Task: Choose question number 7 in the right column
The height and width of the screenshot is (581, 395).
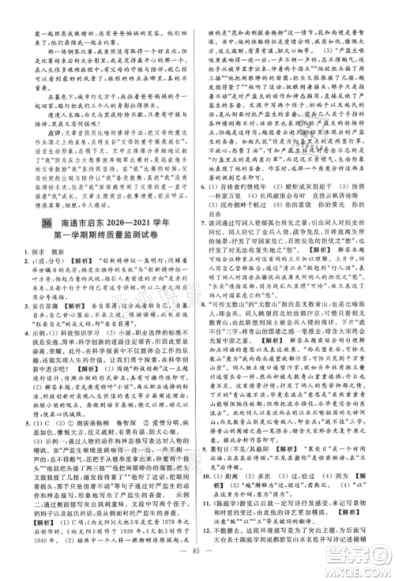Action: coord(203,256)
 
